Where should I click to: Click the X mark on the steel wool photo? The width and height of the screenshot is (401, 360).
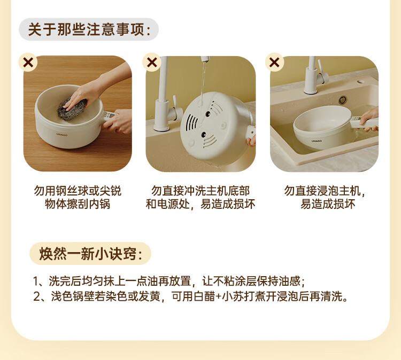coord(28,62)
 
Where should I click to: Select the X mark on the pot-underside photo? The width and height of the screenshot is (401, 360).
coord(152,62)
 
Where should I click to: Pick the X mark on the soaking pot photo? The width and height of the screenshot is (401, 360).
coord(274,62)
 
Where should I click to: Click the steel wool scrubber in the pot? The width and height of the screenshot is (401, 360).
coord(72,108)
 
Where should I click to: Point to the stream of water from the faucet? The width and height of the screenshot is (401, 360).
coord(203,82)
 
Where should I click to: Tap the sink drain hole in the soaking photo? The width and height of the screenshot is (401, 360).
coord(343,100)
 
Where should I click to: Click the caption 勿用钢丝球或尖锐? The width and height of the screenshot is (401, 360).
coord(78,191)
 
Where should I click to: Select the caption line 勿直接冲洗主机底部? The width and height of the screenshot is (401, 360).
coord(200,191)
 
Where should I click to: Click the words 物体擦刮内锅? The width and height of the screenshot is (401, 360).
coord(78,204)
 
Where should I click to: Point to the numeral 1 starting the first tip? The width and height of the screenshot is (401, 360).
coord(36,281)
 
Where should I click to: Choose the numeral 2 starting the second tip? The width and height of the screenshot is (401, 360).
coord(36,296)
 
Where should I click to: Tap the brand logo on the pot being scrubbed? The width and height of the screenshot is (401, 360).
coord(62,134)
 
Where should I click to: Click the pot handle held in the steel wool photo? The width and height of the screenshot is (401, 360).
coord(110,116)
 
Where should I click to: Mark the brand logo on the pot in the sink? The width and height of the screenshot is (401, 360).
coord(317,141)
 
